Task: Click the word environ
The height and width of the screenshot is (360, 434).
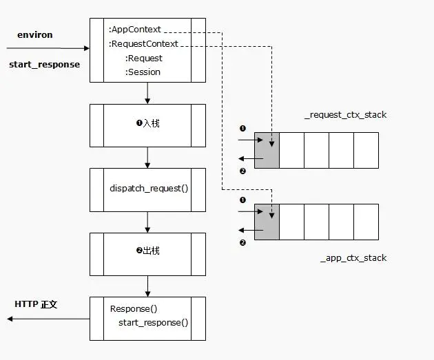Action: (x=35, y=34)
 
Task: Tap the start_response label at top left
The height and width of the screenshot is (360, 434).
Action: (x=44, y=65)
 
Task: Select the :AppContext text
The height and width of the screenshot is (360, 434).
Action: (x=135, y=30)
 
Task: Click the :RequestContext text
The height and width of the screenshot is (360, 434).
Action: (x=143, y=44)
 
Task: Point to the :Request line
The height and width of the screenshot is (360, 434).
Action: (x=143, y=59)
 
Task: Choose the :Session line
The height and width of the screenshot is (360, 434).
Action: (x=143, y=72)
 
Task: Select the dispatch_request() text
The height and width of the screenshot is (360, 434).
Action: (x=149, y=188)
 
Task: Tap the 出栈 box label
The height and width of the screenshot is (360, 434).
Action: (x=148, y=251)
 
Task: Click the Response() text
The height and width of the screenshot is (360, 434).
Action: (x=134, y=309)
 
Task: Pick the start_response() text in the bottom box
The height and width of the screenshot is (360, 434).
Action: (x=153, y=323)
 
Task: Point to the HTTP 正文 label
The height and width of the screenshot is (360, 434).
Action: (x=36, y=304)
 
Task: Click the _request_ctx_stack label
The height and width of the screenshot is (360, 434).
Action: (x=345, y=115)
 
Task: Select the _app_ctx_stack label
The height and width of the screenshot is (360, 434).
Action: (x=353, y=258)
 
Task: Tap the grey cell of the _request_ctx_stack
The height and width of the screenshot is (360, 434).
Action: (x=267, y=151)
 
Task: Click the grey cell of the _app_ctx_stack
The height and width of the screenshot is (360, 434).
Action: (x=267, y=222)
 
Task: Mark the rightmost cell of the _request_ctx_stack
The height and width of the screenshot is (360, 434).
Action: (x=366, y=151)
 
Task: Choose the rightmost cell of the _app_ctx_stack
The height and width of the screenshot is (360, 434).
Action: (x=366, y=222)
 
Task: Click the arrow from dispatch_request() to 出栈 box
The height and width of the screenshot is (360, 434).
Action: (x=147, y=222)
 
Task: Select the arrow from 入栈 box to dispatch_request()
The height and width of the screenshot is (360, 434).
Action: (x=147, y=157)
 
